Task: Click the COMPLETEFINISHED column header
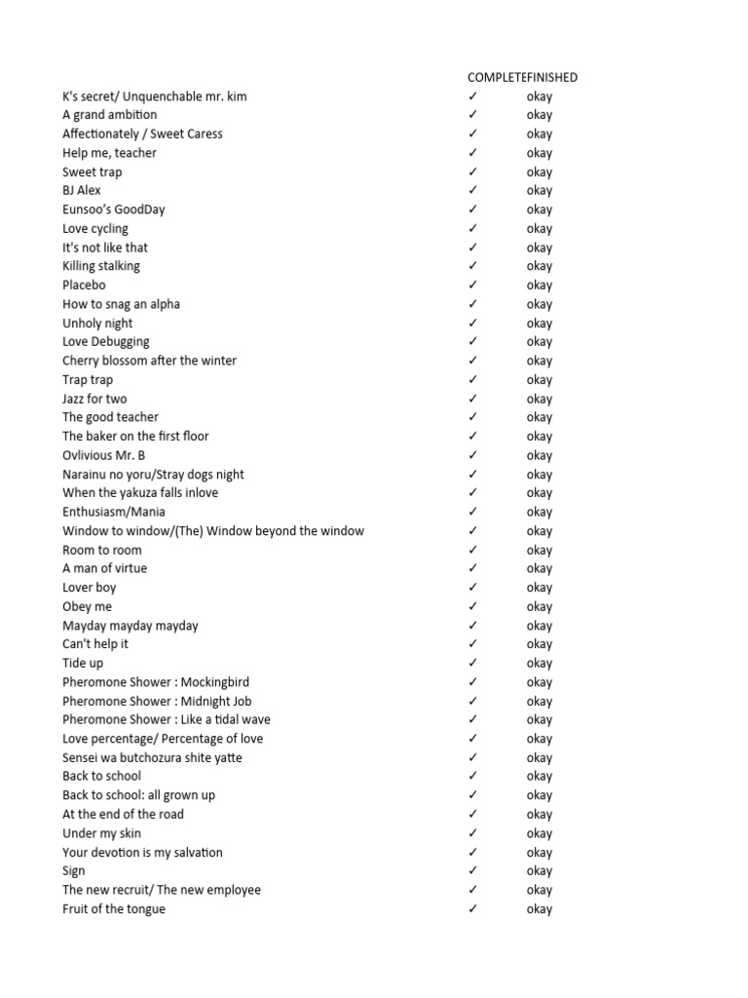coord(522,77)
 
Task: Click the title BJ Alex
coord(82,190)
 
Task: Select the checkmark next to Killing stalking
coord(472,266)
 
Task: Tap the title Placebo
coord(84,285)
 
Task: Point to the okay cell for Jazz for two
coord(539,399)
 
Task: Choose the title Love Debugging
coord(106,342)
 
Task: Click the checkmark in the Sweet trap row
coord(472,172)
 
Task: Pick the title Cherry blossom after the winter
coord(149,361)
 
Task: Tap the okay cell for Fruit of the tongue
coord(539,909)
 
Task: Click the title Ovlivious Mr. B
coord(104,455)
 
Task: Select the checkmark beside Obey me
coord(472,606)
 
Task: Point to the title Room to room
coord(102,550)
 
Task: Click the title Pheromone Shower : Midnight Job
coord(157,701)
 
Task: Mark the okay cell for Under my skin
coord(539,833)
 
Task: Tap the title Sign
coord(74,871)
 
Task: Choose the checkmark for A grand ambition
coord(472,115)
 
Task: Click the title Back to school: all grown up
coord(139,795)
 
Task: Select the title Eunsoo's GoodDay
coord(114,210)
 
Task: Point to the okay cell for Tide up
coord(539,663)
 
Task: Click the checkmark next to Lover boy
coord(472,588)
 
